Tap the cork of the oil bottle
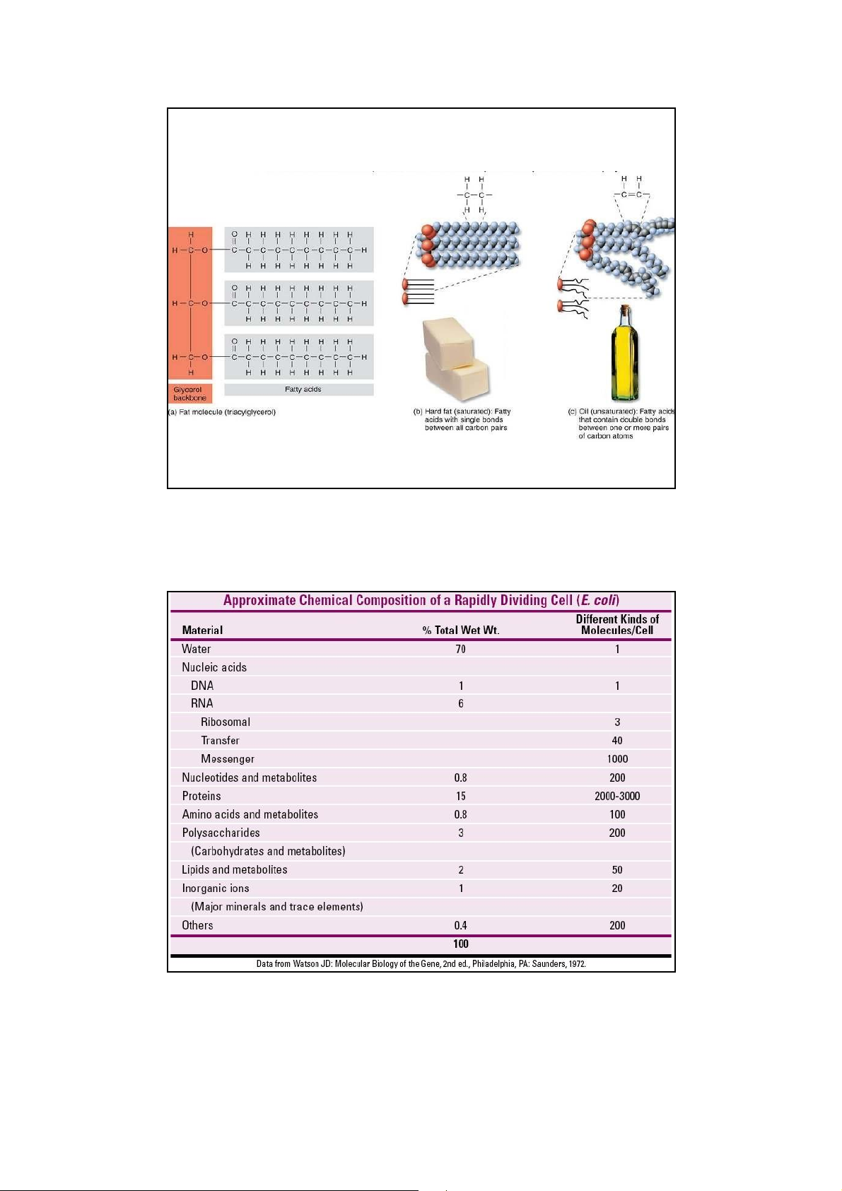coord(625,309)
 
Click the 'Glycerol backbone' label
coord(189,394)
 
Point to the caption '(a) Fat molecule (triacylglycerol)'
coord(222,412)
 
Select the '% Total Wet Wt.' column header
coord(461,630)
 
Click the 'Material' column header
coord(202,630)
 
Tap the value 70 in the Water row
coord(461,649)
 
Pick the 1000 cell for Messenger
coord(617,758)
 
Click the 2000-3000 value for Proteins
coord(617,796)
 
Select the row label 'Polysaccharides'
coord(221,833)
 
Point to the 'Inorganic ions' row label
coord(216,888)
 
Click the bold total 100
coord(461,944)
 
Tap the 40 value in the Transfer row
coord(617,740)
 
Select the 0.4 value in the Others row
coord(461,925)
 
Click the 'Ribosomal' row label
coord(225,722)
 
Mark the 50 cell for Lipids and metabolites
coord(617,870)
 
